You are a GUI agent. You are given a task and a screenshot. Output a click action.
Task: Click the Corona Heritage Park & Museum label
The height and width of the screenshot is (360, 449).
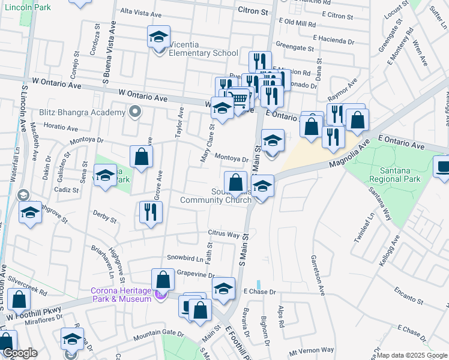pos(120,295)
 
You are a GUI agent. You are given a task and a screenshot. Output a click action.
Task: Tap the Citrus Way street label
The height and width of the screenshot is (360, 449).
pos(223,232)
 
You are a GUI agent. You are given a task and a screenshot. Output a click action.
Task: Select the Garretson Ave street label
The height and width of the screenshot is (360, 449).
pos(318,274)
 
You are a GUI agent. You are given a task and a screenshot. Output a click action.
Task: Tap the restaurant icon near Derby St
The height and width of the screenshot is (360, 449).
pos(151,212)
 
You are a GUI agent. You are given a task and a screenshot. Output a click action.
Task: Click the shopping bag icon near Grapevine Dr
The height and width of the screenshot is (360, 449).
pos(163,279)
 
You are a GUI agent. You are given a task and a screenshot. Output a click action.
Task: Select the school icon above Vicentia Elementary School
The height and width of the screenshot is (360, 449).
pos(159,37)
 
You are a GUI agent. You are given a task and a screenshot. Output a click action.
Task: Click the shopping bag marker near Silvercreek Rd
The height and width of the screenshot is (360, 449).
pos(19,299)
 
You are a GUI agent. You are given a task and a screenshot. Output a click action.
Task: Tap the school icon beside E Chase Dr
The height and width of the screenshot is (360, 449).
pos(223,289)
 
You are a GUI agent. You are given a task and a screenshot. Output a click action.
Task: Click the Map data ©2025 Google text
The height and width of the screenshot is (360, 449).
pos(412,355)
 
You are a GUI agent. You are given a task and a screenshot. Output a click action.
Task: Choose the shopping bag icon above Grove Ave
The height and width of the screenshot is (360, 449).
pos(141,157)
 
